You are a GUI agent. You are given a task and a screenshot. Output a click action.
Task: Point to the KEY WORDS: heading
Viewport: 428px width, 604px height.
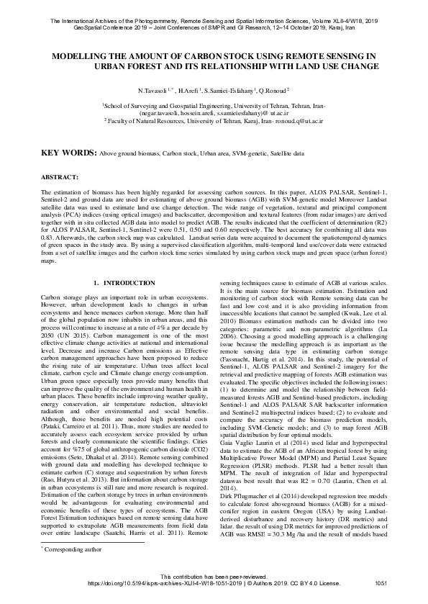click(x=68, y=153)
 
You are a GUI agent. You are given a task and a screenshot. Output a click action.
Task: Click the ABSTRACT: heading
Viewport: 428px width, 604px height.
click(x=60, y=176)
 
